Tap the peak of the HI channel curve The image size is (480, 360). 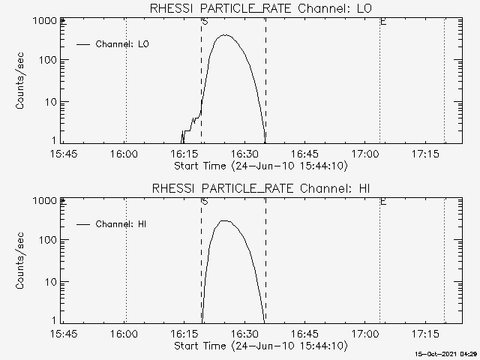tap(225, 220)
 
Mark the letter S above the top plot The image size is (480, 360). tap(204, 22)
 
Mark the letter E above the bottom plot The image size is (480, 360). tap(383, 202)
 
